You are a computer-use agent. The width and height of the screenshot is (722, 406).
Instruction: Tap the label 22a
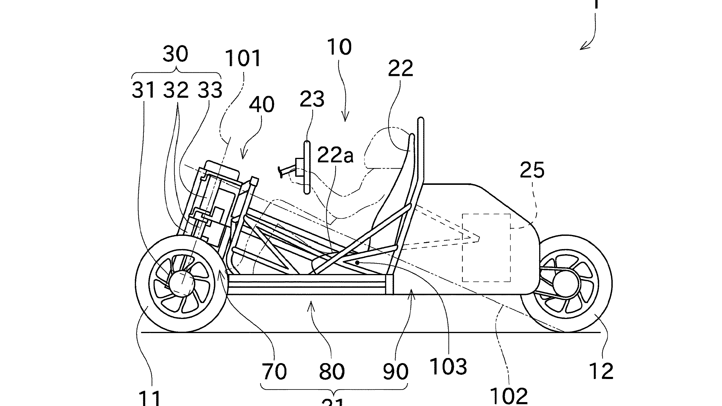click(335, 155)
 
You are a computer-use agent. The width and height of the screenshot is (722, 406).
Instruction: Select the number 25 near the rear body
click(532, 170)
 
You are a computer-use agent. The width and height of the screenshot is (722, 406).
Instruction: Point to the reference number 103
click(448, 366)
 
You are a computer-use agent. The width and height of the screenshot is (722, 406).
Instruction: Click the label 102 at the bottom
click(509, 396)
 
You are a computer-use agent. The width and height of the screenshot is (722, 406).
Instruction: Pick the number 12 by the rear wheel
click(601, 371)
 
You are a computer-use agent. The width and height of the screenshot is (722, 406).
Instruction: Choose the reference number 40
click(261, 105)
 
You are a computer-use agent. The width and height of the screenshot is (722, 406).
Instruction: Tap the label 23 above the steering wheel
click(312, 99)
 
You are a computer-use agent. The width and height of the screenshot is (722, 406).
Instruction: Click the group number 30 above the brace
click(176, 54)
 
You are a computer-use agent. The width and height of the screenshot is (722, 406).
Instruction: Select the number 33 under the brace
click(210, 90)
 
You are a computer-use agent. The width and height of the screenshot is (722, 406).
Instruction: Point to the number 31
click(143, 90)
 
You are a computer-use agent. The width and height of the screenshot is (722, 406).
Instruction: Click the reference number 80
click(331, 371)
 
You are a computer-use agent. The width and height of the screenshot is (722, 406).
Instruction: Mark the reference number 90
click(396, 371)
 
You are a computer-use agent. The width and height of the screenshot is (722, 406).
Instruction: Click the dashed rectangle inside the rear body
click(486, 248)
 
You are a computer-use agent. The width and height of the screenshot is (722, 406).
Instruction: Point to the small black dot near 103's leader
click(357, 262)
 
